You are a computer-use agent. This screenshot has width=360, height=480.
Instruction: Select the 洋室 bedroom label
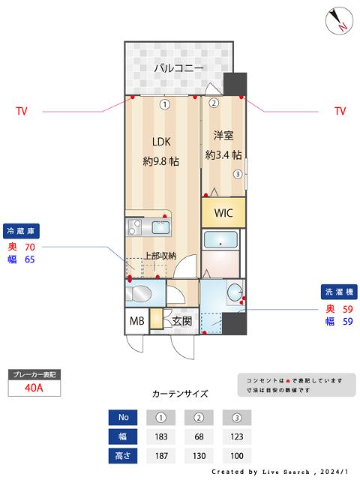pos(223,136)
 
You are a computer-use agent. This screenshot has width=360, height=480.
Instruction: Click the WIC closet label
pos(223,213)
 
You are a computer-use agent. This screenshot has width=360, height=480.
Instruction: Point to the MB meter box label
pos(136,320)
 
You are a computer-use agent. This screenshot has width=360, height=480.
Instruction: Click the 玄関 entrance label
pos(182,321)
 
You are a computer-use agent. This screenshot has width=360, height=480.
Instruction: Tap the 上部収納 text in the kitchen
pos(160,256)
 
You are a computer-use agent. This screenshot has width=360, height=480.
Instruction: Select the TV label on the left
pos(22,112)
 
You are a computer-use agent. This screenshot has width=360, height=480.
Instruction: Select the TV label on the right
pos(340,112)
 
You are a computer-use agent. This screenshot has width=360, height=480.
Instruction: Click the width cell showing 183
pos(161,436)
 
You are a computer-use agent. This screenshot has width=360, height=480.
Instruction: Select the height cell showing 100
pos(236,455)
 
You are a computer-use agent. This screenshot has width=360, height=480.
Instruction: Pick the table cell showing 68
pos(199,436)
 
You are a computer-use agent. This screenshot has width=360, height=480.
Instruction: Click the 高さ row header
pos(122,455)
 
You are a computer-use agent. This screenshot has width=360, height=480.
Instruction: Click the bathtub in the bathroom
pos(221,241)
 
